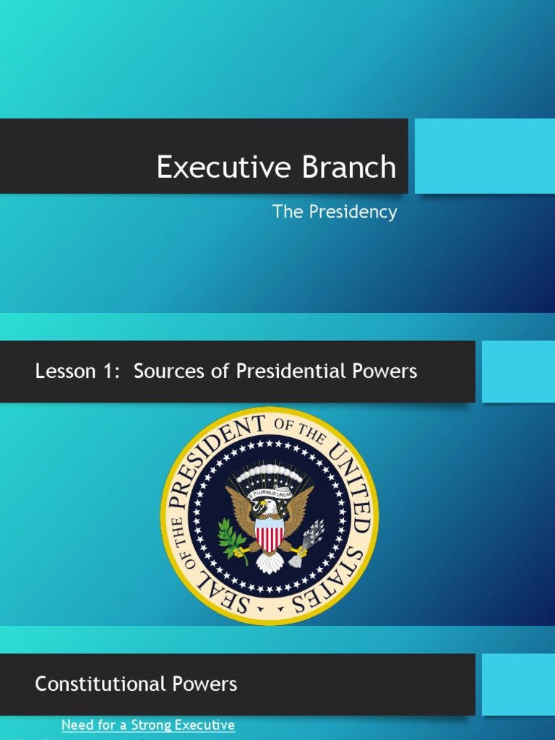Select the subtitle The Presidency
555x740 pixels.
(x=334, y=212)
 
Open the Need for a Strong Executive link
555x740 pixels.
(x=148, y=725)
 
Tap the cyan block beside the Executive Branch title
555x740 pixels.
(x=484, y=156)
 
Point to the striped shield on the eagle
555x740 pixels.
(x=270, y=535)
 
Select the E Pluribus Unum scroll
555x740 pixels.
(x=270, y=494)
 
